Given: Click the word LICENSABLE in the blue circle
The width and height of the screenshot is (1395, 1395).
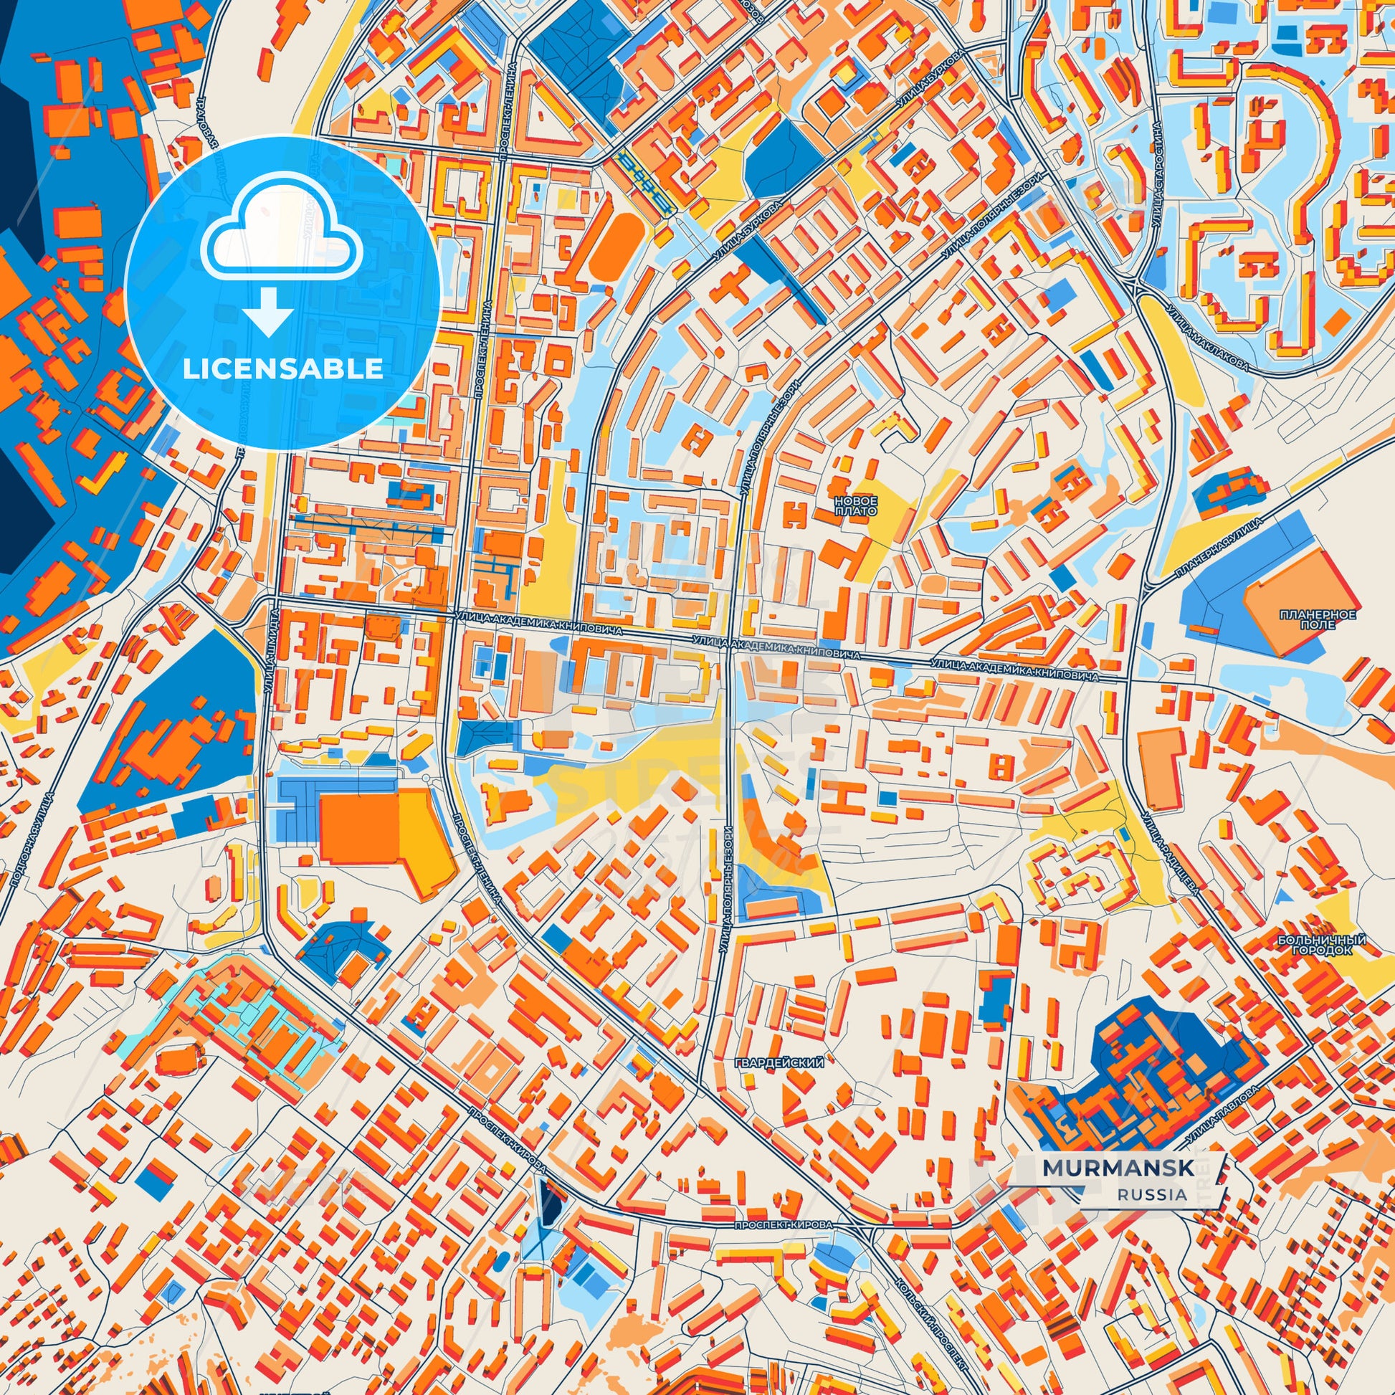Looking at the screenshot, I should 283,369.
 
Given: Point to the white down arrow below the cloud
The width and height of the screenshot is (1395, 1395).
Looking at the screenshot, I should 268,311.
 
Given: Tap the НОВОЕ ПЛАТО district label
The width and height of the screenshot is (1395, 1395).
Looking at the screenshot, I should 855,505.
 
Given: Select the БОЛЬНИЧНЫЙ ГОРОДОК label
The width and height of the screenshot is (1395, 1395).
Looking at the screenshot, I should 1321,945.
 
